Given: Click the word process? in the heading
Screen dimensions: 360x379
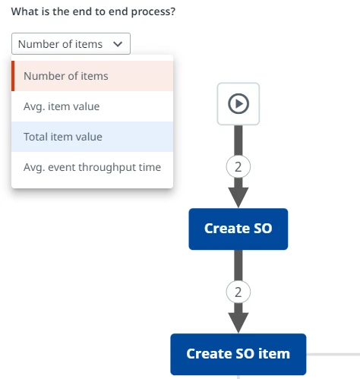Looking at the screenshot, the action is (153, 12).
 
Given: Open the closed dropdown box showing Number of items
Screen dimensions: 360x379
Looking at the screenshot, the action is (71, 43).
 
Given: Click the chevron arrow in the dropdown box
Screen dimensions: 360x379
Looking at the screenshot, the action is (118, 44).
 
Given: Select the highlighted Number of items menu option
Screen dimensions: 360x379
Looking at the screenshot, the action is (93, 76).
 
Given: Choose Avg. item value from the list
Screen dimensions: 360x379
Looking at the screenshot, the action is (93, 106).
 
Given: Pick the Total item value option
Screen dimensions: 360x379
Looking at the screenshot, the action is (93, 137).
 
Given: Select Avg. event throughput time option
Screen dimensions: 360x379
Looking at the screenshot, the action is (93, 167).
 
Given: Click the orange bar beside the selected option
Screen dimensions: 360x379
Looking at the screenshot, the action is (13, 76).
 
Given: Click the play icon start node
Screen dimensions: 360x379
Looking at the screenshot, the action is (238, 104).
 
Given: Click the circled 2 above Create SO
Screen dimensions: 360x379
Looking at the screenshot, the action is (238, 167).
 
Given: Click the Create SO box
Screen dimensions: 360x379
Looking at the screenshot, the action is (238, 229).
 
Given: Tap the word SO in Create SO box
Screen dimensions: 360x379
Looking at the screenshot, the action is (263, 229).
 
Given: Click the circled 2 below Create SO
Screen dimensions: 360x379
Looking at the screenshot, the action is (238, 292).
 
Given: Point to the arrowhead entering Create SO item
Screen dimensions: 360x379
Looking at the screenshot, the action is (238, 323).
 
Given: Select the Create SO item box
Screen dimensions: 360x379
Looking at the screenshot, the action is (238, 354).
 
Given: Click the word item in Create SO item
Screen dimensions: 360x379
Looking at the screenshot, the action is (274, 354).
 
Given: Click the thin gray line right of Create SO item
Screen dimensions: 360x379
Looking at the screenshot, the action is (333, 354).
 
